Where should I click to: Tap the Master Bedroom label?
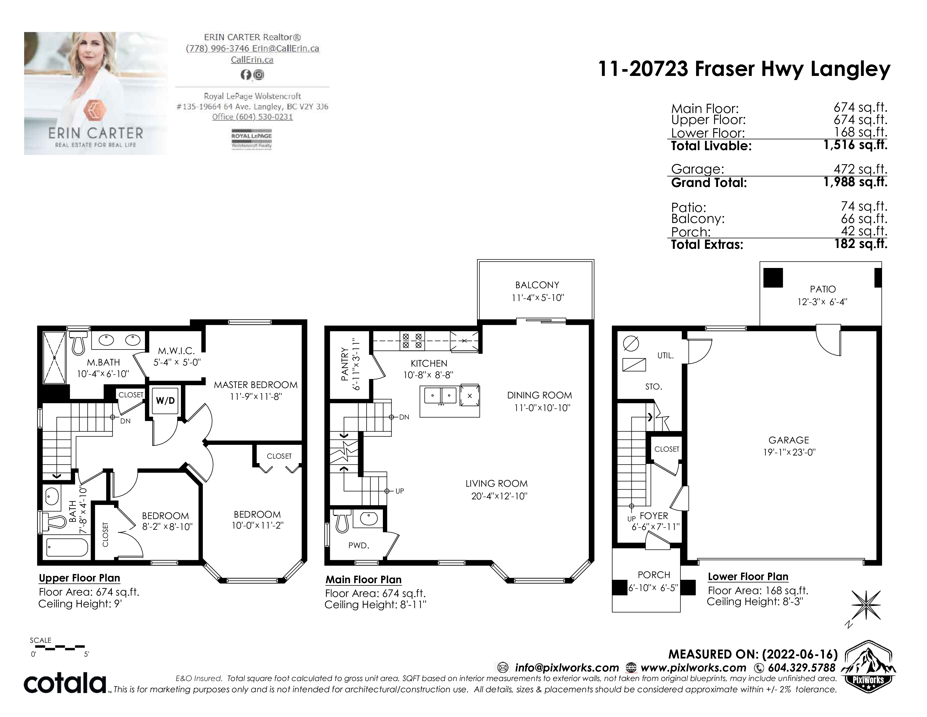pos(256,385)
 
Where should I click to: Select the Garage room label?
pos(789,440)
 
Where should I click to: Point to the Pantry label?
pos(344,364)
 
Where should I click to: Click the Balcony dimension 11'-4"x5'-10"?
pos(538,298)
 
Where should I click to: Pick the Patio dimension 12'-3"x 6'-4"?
pos(822,302)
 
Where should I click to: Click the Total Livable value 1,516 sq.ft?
pos(855,145)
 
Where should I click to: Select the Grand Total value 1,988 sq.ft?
pos(855,182)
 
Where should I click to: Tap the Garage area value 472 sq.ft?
pos(860,169)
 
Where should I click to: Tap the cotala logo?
pos(65,683)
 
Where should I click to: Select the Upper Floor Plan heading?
pos(79,578)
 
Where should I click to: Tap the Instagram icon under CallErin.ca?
pos(258,75)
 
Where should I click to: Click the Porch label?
pos(654,575)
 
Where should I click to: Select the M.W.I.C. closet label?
pos(176,351)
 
